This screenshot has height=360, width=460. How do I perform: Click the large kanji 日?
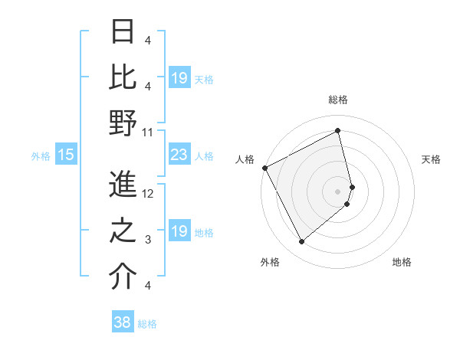click(x=123, y=32)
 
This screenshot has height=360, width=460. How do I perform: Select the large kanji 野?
click(x=123, y=123)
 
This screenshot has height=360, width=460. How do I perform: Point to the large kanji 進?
click(x=123, y=185)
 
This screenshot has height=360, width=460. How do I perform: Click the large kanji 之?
click(x=123, y=232)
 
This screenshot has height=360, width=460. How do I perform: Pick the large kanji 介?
click(x=123, y=277)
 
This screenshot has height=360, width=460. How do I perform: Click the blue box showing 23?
click(x=179, y=155)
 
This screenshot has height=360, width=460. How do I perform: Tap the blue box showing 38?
click(x=123, y=323)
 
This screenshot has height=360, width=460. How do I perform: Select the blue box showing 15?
click(x=66, y=155)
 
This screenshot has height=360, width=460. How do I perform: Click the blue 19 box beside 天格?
click(x=179, y=78)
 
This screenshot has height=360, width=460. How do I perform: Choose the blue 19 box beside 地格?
click(x=179, y=232)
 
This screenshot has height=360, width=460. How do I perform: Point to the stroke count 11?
click(x=148, y=133)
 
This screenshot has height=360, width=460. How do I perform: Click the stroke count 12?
click(x=148, y=194)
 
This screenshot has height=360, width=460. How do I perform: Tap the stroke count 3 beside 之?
click(x=148, y=241)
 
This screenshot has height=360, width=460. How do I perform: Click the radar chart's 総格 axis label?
click(x=337, y=100)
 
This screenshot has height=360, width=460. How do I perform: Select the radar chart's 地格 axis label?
click(x=402, y=262)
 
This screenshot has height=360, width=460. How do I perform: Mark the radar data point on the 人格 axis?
click(x=264, y=168)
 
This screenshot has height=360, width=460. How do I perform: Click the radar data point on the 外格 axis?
click(x=301, y=242)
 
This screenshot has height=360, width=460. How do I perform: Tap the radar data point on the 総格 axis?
click(x=338, y=130)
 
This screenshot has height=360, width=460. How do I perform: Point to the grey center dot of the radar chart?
click(x=337, y=191)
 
